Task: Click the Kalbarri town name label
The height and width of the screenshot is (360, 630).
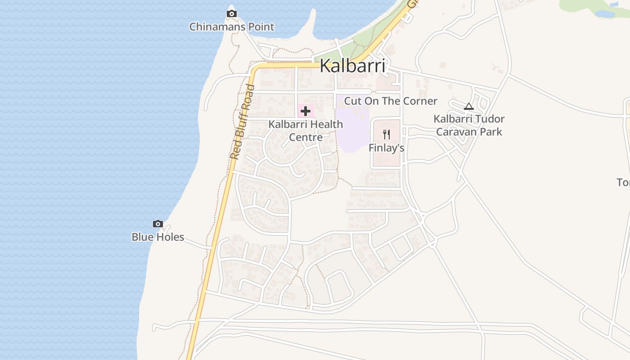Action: click(352, 67)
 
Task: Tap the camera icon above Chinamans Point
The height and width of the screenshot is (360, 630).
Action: click(232, 14)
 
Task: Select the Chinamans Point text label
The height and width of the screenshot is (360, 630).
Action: click(232, 27)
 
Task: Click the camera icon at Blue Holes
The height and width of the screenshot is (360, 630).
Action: click(157, 224)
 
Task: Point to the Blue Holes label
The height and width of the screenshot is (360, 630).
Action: click(158, 237)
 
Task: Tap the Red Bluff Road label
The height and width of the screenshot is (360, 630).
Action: click(242, 121)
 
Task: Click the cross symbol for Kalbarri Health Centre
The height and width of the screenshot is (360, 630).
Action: click(306, 111)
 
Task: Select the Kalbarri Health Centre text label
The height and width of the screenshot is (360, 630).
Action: click(306, 130)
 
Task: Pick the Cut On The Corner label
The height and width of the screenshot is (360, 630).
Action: click(391, 101)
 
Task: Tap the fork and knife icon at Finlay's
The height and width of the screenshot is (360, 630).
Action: click(386, 134)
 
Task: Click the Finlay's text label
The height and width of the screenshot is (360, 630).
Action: click(387, 148)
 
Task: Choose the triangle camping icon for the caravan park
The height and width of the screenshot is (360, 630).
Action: click(469, 107)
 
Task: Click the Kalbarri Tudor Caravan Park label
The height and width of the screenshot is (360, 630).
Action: click(469, 126)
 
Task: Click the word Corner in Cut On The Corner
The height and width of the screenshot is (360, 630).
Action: click(420, 101)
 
